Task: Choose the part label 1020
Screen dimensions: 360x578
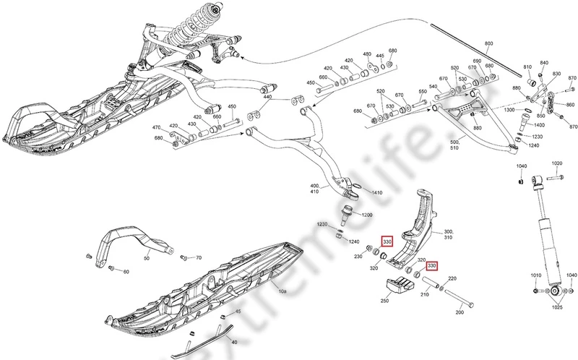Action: pos(556,164)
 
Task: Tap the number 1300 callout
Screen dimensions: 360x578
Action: pos(509,110)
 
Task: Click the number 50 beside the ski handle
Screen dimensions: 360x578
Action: pos(147,257)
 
